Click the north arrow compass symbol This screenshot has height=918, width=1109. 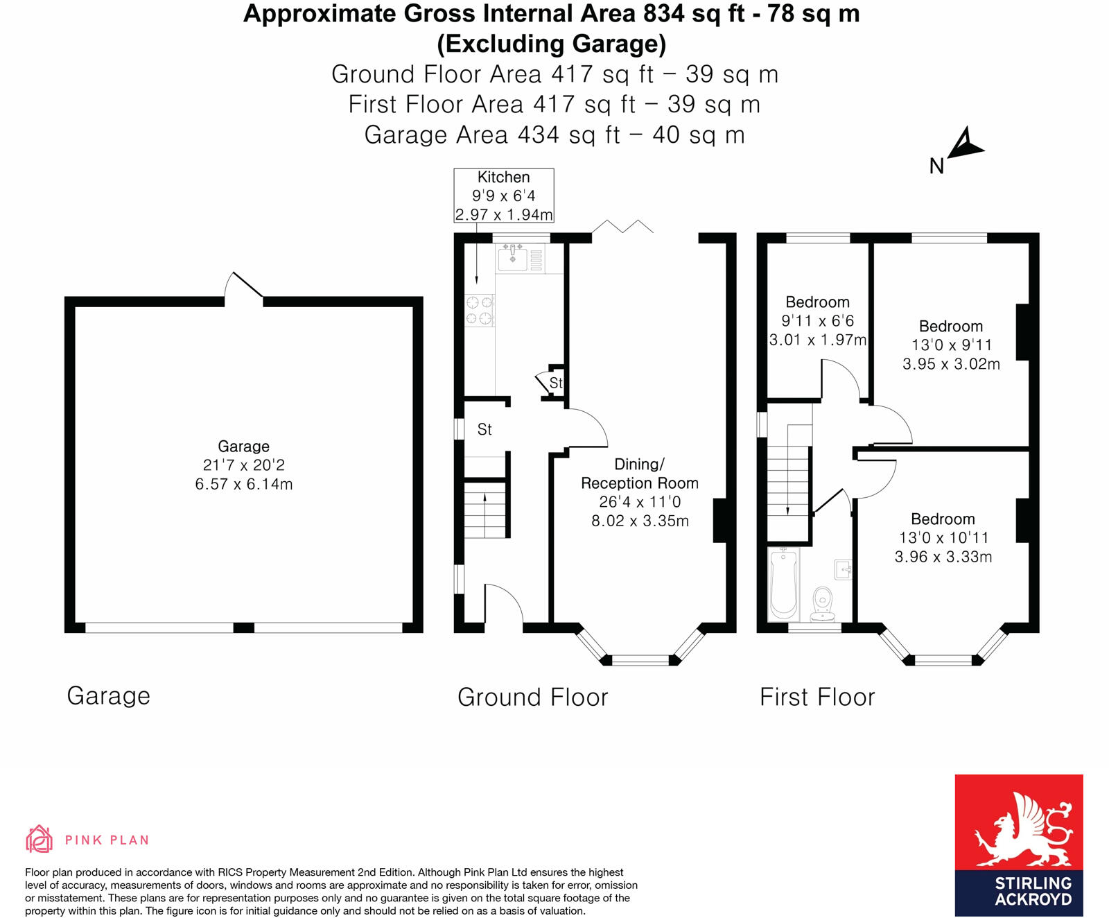[964, 146]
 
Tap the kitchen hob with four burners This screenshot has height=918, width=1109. [479, 310]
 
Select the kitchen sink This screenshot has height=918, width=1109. [514, 258]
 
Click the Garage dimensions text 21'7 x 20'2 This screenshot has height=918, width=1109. [243, 465]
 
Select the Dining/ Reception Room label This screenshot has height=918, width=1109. [639, 474]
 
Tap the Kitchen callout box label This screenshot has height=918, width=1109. [503, 177]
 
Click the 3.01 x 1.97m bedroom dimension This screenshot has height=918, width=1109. [818, 340]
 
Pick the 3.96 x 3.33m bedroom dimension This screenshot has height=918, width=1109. [943, 557]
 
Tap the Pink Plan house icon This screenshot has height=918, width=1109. [39, 839]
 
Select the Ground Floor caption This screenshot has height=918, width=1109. [532, 697]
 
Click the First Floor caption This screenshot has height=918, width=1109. [817, 697]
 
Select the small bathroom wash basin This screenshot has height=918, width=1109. [844, 569]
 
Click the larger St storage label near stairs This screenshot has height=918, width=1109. [484, 430]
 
